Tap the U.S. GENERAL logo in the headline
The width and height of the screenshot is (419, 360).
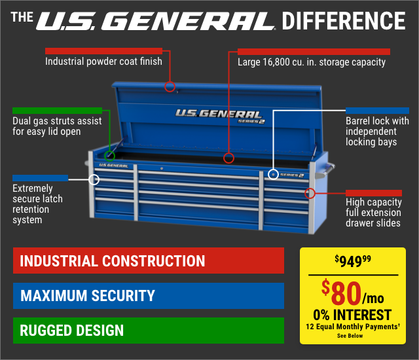click(155, 21)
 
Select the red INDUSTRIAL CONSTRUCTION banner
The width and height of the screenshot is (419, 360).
click(148, 261)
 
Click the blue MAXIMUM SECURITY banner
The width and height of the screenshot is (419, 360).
click(148, 295)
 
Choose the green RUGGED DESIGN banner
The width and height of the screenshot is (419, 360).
click(148, 330)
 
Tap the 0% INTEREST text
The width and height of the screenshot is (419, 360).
click(352, 314)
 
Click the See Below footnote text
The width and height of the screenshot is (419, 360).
click(352, 336)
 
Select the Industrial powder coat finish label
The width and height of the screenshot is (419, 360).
click(103, 62)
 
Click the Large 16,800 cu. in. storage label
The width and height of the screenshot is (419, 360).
click(312, 62)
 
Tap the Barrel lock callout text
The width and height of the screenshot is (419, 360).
click(377, 132)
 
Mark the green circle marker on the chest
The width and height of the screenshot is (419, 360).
click(109, 156)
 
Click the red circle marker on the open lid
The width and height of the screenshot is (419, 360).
click(170, 86)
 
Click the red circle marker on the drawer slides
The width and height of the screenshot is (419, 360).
click(310, 193)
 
